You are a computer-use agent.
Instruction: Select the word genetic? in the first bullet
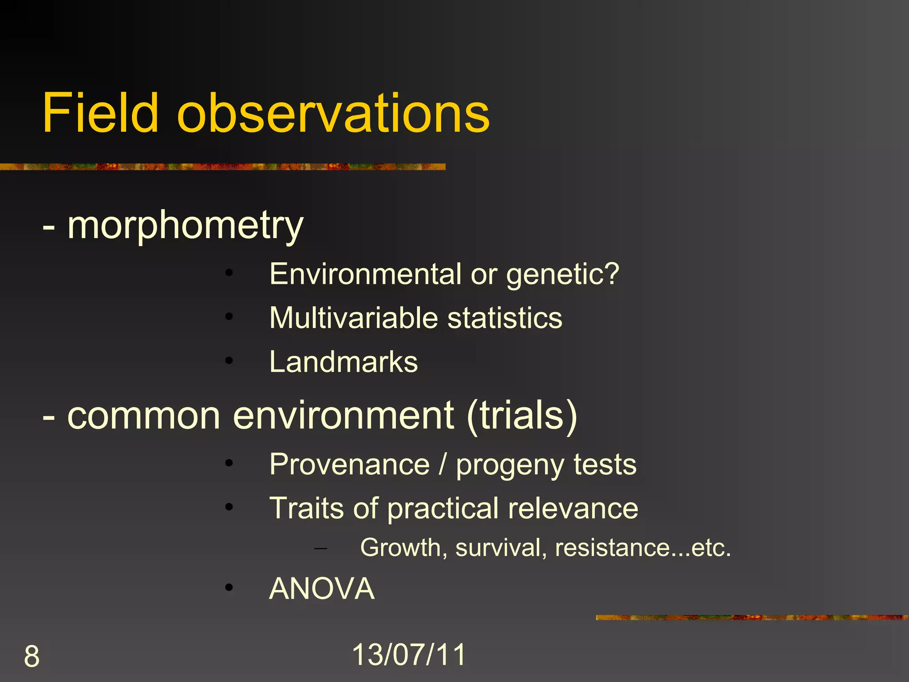pos(562,275)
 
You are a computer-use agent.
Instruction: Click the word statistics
pos(505,318)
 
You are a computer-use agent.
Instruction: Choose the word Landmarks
pos(344,362)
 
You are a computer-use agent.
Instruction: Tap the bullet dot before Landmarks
pos(229,361)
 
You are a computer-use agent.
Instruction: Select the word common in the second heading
pos(144,416)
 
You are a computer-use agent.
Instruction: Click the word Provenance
pos(350,464)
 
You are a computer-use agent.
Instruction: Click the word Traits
pos(307,508)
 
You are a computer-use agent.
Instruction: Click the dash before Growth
pos(320,549)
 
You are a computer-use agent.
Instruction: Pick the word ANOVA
pos(322,589)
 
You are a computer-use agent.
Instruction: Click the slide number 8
pos(32,657)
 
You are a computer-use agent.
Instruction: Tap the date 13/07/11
pos(409,655)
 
